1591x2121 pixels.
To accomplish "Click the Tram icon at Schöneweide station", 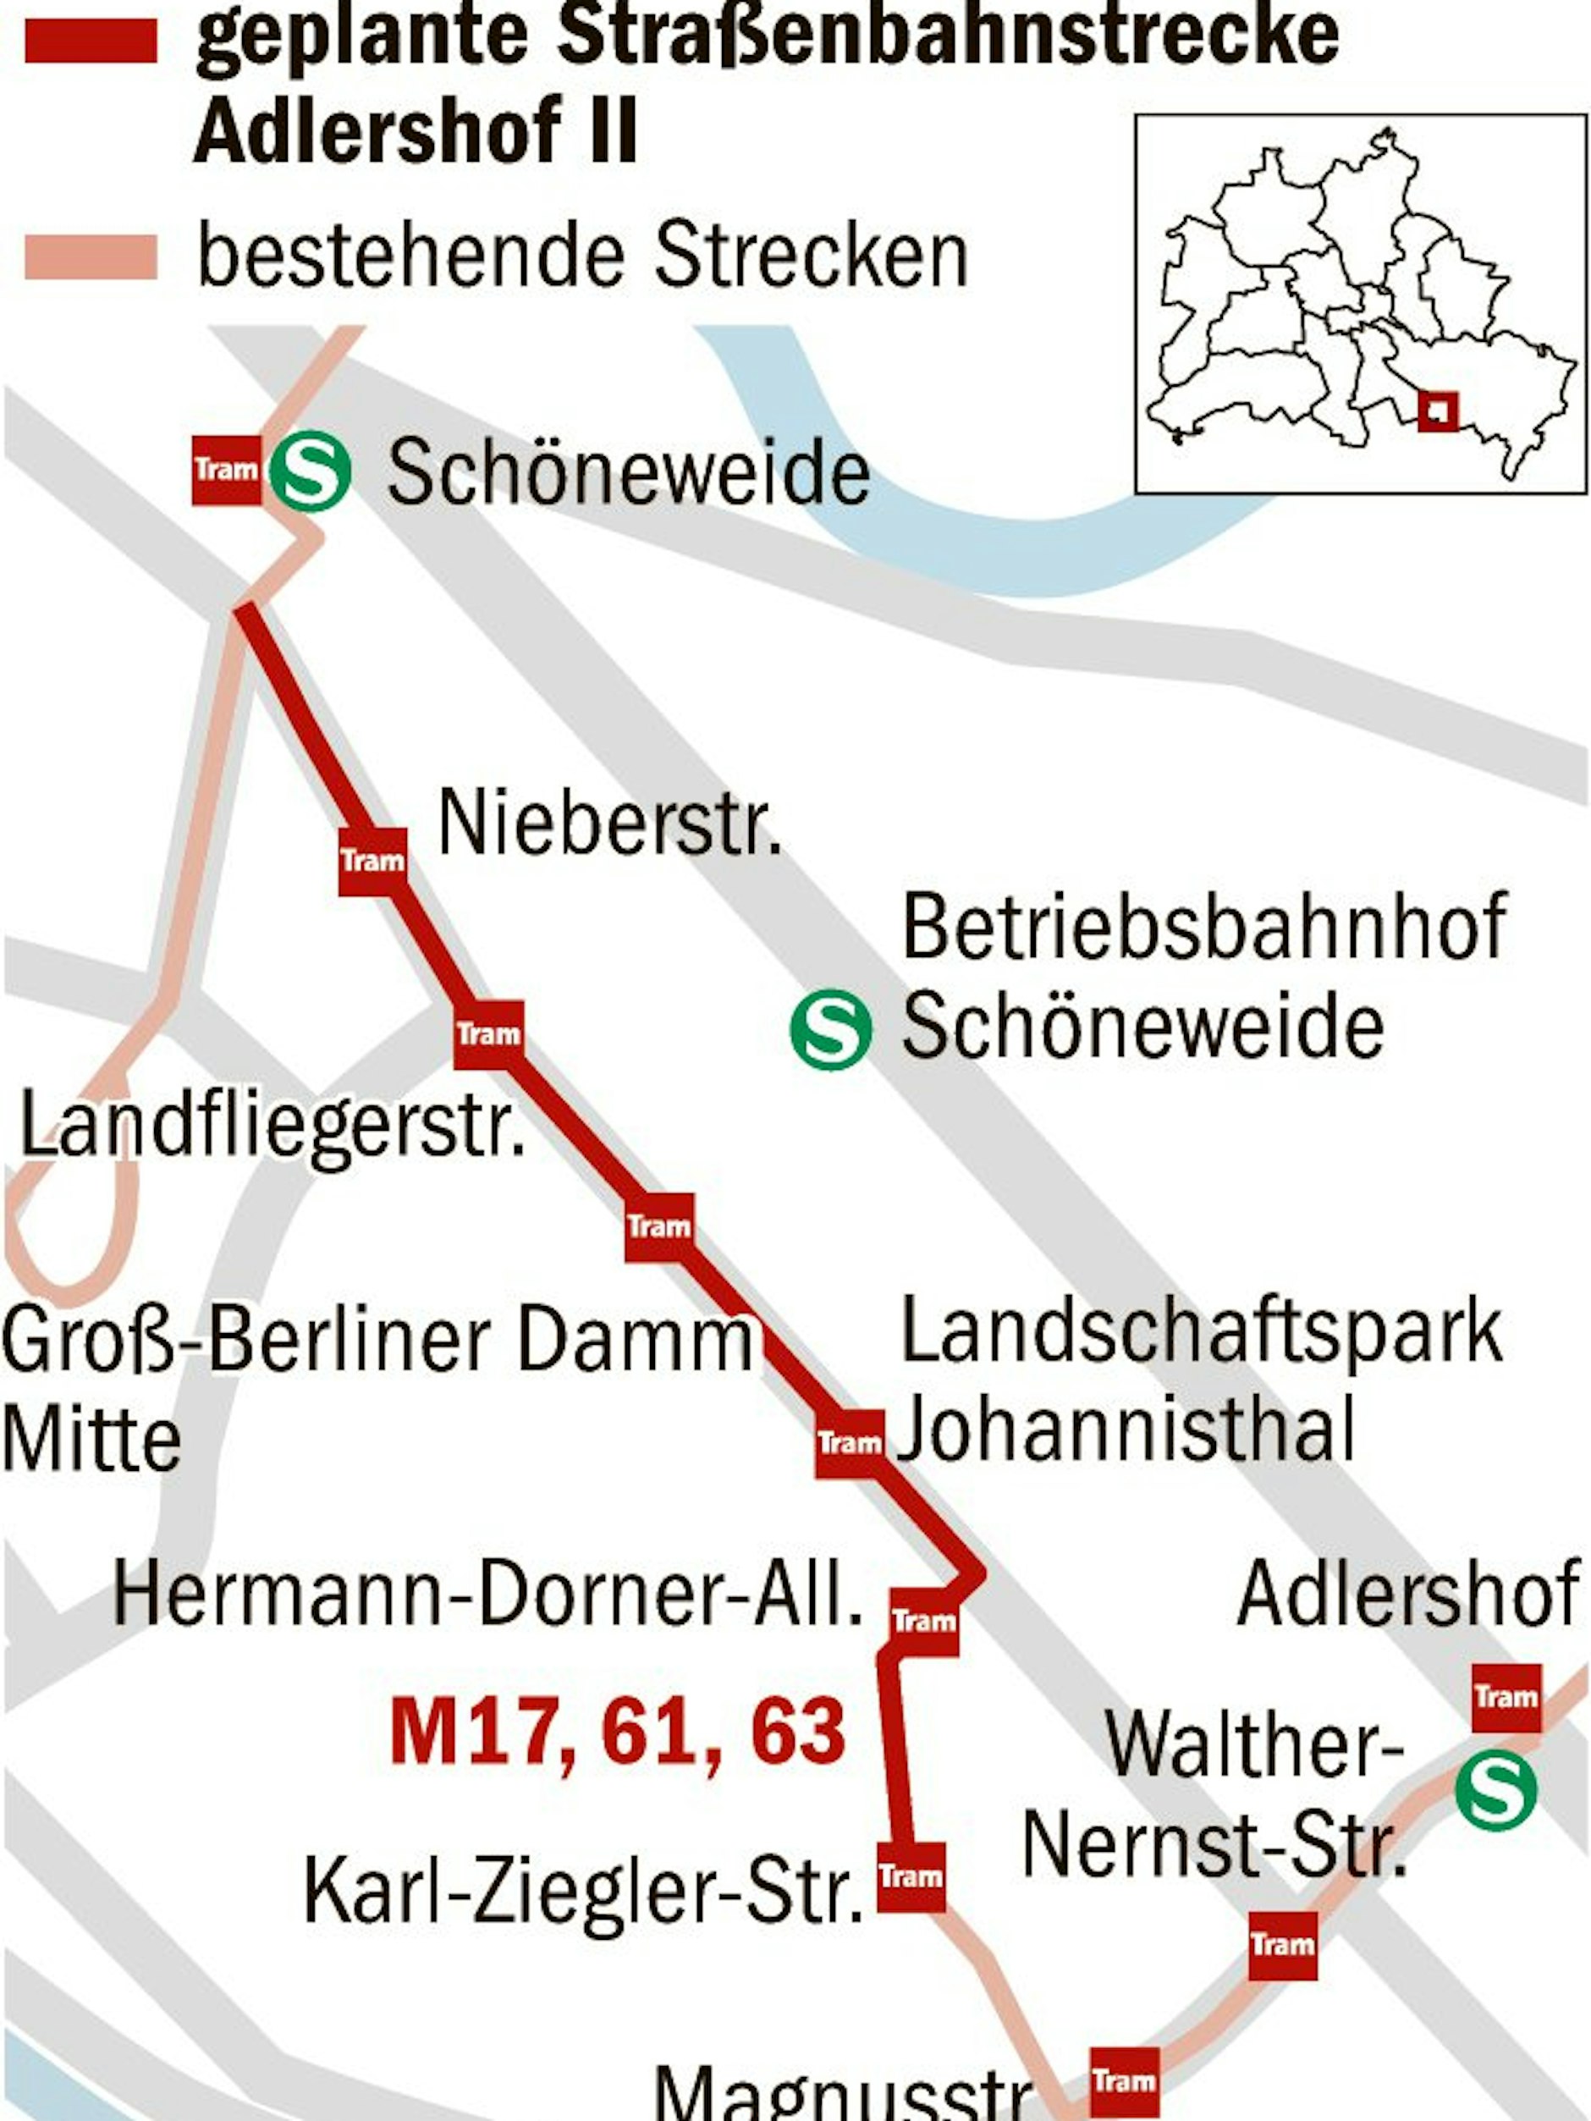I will point(226,470).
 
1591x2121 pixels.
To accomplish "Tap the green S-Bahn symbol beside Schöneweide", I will point(310,471).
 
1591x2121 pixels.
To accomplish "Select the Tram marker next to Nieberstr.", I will point(372,861).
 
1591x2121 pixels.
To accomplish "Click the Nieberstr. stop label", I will point(609,824).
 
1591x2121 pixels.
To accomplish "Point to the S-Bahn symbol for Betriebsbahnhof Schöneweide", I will point(830,1032).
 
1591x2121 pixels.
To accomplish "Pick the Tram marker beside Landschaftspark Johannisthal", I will point(850,1443).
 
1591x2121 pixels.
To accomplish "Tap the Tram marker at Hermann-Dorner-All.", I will point(923,1622).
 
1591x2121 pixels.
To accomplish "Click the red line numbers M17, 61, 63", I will point(618,1732).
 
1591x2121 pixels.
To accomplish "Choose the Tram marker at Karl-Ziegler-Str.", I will point(910,1876).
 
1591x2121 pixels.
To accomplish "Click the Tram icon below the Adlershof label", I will point(1506,1697).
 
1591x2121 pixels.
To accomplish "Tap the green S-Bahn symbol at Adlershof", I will point(1495,1790).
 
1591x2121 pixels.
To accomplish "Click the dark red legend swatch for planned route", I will point(91,41).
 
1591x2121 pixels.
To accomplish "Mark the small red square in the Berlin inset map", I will point(1438,411).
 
